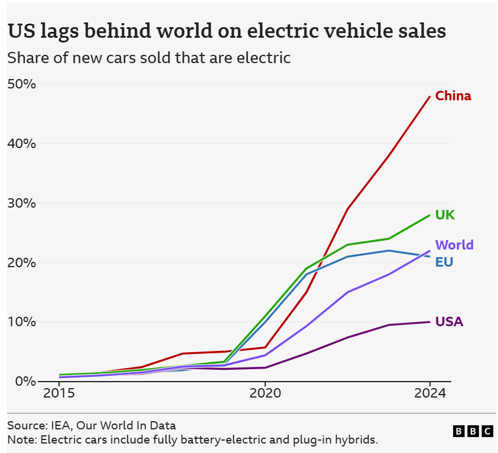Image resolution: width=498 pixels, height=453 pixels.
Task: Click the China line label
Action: coord(453,96)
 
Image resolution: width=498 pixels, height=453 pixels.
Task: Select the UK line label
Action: coord(445,215)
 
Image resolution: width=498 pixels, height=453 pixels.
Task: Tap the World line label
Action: coord(454,245)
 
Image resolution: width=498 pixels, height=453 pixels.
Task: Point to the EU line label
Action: coord(444,262)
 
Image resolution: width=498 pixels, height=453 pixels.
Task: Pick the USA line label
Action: coord(449,321)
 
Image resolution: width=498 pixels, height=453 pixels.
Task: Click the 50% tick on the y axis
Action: coord(22,84)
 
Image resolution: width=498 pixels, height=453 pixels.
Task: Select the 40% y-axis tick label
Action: coord(22,143)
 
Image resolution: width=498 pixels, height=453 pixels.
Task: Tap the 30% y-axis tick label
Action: coord(22,203)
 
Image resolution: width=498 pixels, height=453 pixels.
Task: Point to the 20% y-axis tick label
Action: coord(22,262)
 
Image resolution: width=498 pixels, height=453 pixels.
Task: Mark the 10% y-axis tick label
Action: coord(22,322)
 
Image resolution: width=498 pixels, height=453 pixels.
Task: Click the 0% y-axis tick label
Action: coord(25,381)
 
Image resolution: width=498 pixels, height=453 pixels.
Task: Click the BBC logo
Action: coord(473,431)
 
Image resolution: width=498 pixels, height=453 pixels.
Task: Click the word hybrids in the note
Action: coord(357,439)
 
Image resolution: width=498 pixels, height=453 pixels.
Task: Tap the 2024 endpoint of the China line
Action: coord(429,96)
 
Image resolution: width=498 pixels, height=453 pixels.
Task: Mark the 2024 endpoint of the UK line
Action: coord(429,215)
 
